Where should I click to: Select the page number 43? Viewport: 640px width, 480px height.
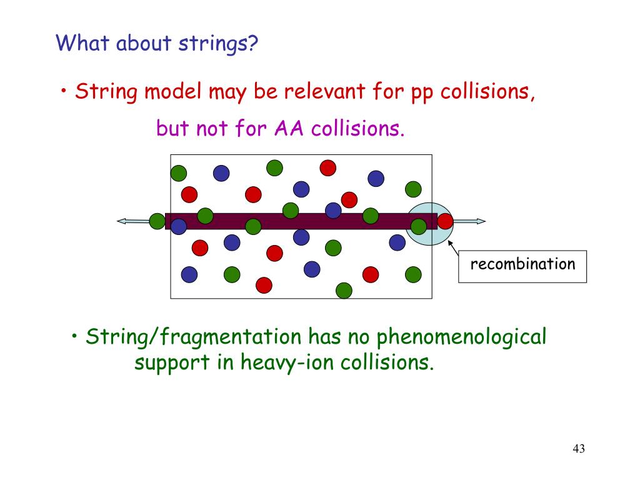click(x=578, y=449)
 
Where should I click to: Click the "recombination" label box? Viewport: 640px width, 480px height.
click(x=522, y=266)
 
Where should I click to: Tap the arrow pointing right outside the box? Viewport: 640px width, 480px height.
click(x=470, y=221)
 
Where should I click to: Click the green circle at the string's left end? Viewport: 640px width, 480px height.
click(x=157, y=221)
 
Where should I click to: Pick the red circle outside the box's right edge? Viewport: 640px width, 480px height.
click(x=445, y=221)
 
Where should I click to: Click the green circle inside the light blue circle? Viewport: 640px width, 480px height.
click(x=419, y=226)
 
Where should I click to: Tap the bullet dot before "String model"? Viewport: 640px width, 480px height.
click(x=64, y=92)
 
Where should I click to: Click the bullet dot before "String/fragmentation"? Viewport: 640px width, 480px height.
click(x=74, y=337)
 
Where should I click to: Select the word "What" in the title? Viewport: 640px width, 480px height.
click(x=74, y=43)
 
